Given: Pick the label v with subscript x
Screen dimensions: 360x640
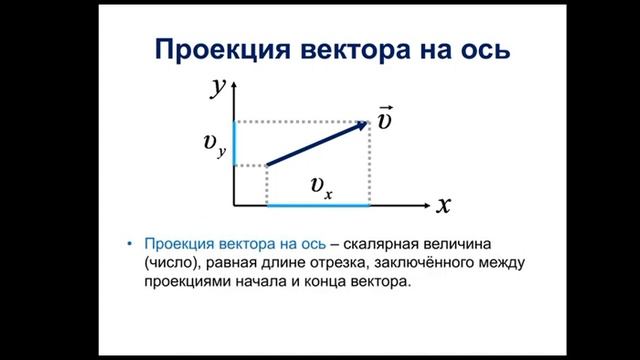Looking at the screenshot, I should pos(321,186).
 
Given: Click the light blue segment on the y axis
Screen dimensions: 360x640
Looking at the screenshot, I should pos(234,142).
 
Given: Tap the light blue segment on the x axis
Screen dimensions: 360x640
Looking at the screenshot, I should pos(318,205).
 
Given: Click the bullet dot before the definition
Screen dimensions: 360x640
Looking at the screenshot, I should pos(130,244).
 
